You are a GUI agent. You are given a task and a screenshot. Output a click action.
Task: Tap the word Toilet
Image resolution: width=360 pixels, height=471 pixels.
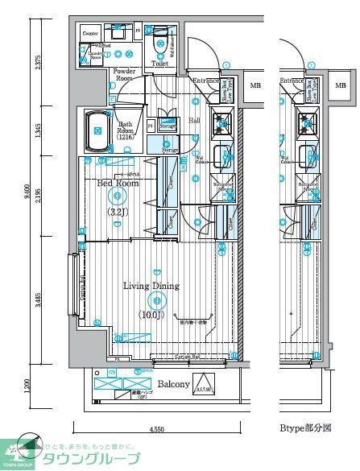(159, 63)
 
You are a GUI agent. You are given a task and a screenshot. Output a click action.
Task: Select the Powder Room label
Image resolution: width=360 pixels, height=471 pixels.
(124, 76)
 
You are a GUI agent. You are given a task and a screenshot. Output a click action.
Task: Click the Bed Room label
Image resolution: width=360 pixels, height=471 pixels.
(118, 184)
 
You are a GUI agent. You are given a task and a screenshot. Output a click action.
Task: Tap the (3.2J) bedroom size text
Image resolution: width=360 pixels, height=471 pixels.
(118, 212)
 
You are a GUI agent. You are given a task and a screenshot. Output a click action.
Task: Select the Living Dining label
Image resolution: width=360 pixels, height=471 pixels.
(151, 286)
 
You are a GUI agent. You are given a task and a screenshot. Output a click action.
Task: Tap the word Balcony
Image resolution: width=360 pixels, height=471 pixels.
(173, 384)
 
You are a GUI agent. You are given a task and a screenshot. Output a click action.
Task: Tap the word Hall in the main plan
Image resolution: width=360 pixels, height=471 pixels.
(195, 120)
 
